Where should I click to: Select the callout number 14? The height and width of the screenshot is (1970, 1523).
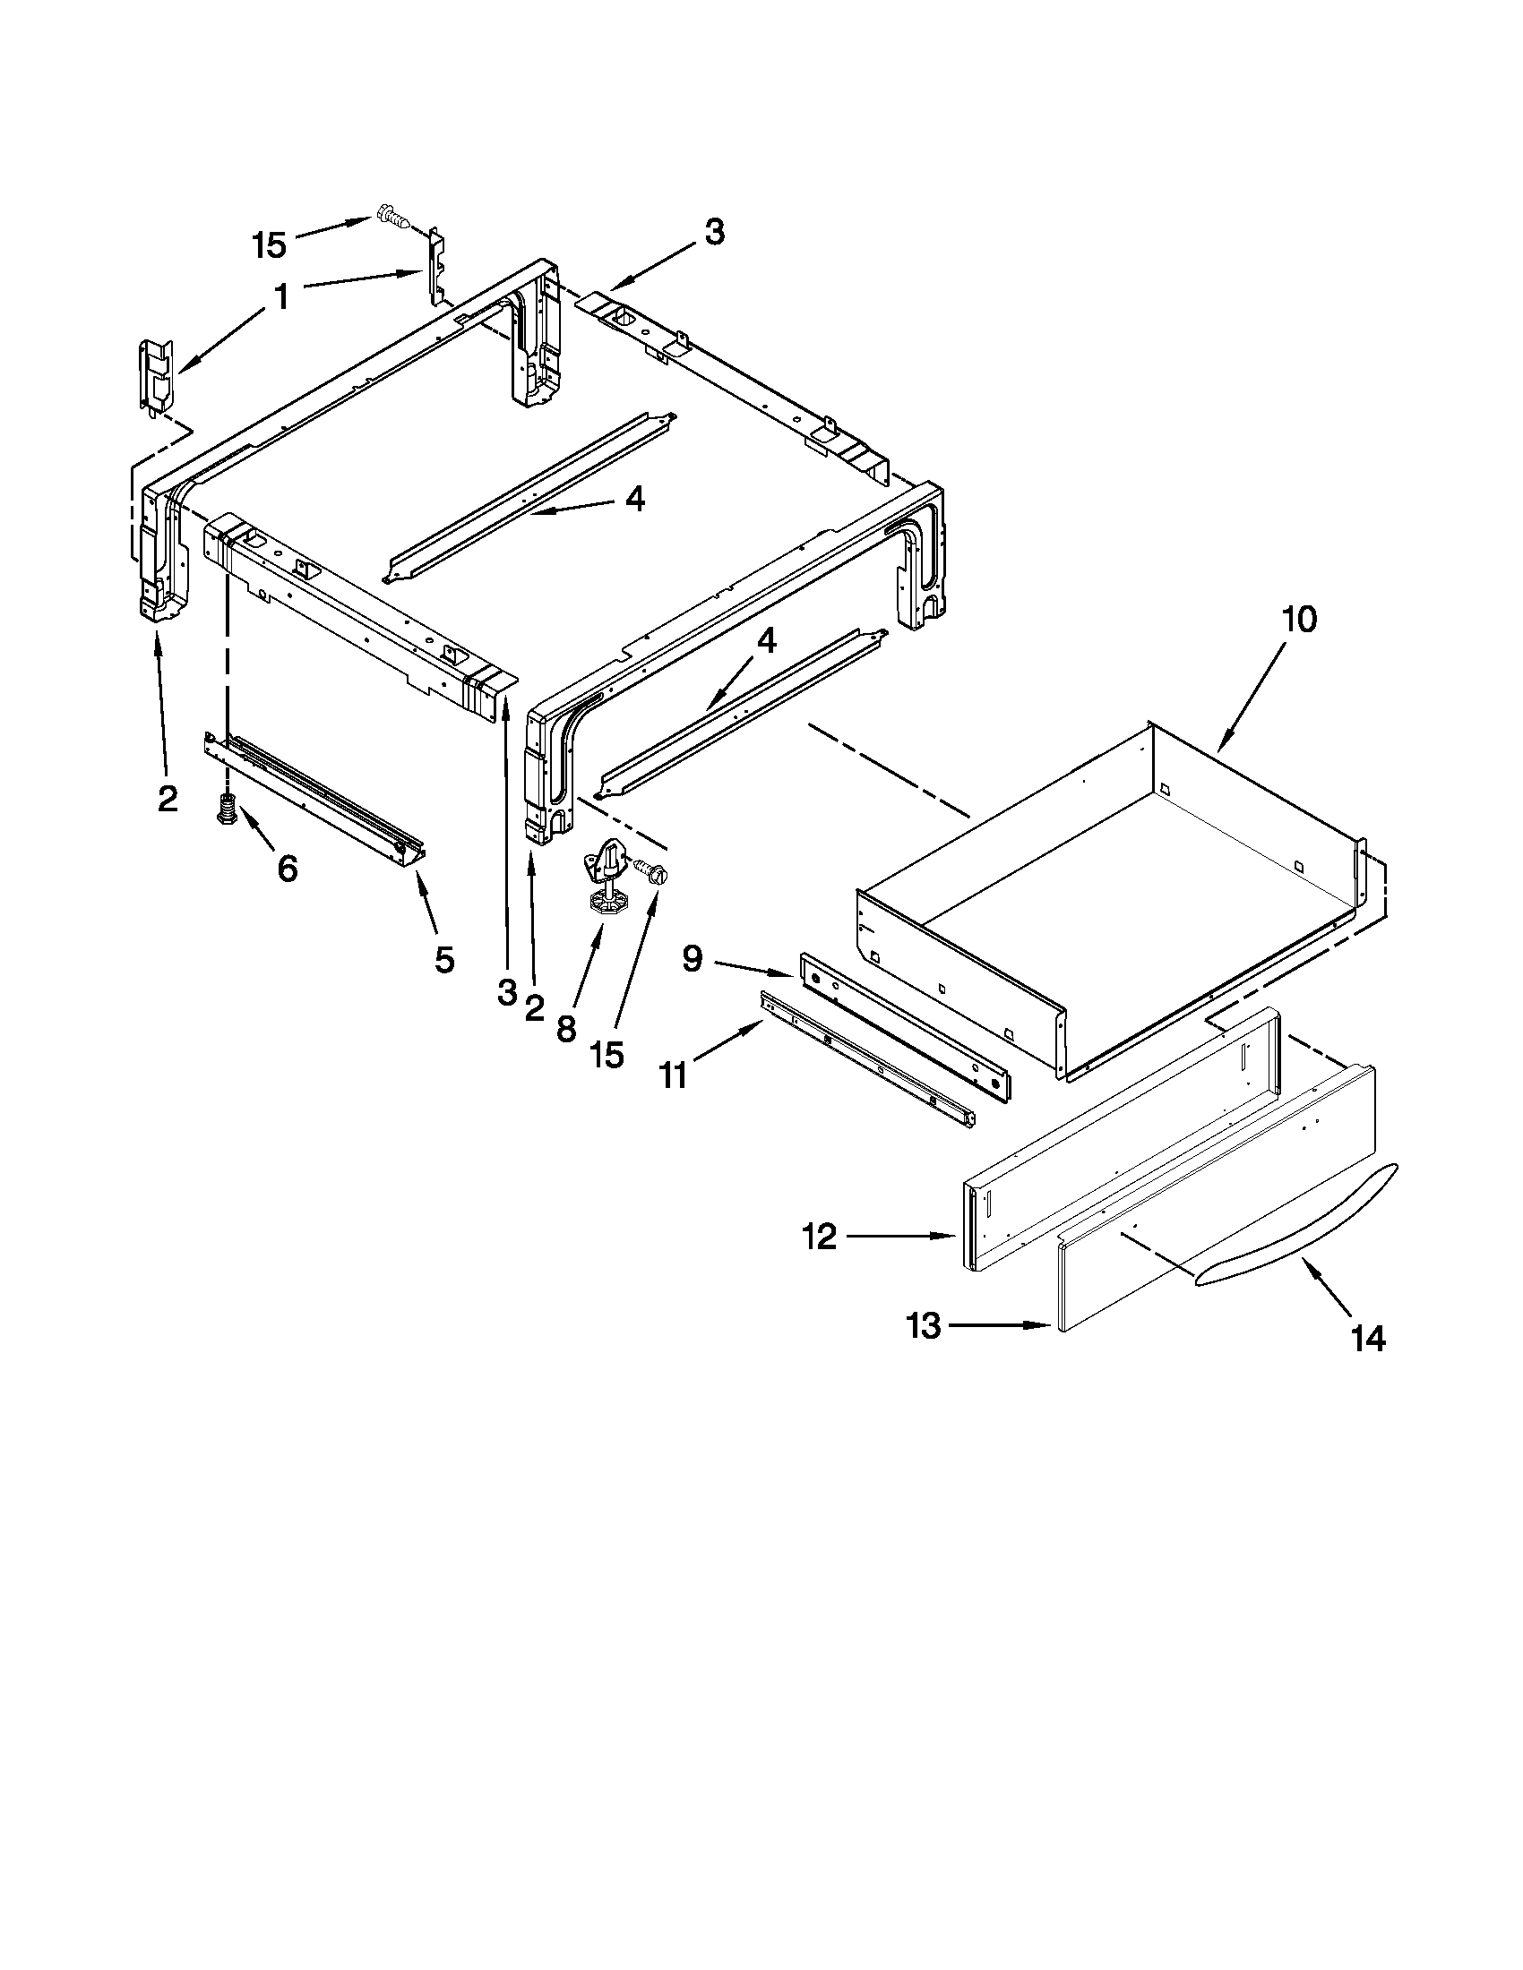coord(1368,1339)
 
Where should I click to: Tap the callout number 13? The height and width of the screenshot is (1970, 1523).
coord(924,1326)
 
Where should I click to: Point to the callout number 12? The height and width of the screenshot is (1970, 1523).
coord(819,1237)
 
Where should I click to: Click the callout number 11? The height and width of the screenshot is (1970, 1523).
coord(674,1075)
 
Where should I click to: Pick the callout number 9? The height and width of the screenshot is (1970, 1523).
coord(692,958)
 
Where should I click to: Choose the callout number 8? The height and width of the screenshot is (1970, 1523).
coord(565,1028)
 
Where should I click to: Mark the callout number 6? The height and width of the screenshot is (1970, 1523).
coord(287,869)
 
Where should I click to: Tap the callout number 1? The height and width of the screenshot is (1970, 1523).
coord(281,295)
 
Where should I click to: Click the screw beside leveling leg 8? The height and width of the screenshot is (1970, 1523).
coord(654,870)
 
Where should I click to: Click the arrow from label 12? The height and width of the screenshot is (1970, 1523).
coord(902,1237)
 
